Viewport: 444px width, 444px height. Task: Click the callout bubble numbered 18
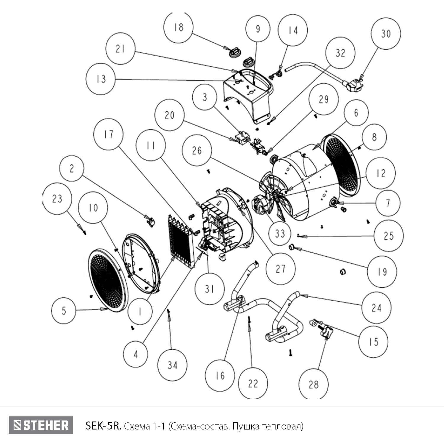(x=178, y=27)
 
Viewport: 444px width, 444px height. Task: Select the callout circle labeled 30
(x=386, y=34)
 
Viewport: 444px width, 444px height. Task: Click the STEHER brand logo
(x=41, y=425)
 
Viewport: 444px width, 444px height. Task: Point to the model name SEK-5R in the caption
(x=103, y=426)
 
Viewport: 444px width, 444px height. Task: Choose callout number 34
(x=173, y=365)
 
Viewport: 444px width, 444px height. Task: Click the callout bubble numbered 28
(x=313, y=385)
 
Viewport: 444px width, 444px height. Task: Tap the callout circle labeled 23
(x=57, y=199)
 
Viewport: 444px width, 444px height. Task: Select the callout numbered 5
(x=64, y=311)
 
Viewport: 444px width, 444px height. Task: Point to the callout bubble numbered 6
(x=356, y=113)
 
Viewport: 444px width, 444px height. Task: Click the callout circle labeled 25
(x=389, y=236)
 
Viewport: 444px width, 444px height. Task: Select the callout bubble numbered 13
(x=101, y=79)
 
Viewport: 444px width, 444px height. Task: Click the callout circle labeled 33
(x=280, y=234)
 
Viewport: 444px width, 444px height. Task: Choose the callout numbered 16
(x=220, y=376)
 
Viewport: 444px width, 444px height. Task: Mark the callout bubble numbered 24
(x=376, y=308)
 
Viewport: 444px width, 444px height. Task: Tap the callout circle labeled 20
(x=169, y=115)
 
